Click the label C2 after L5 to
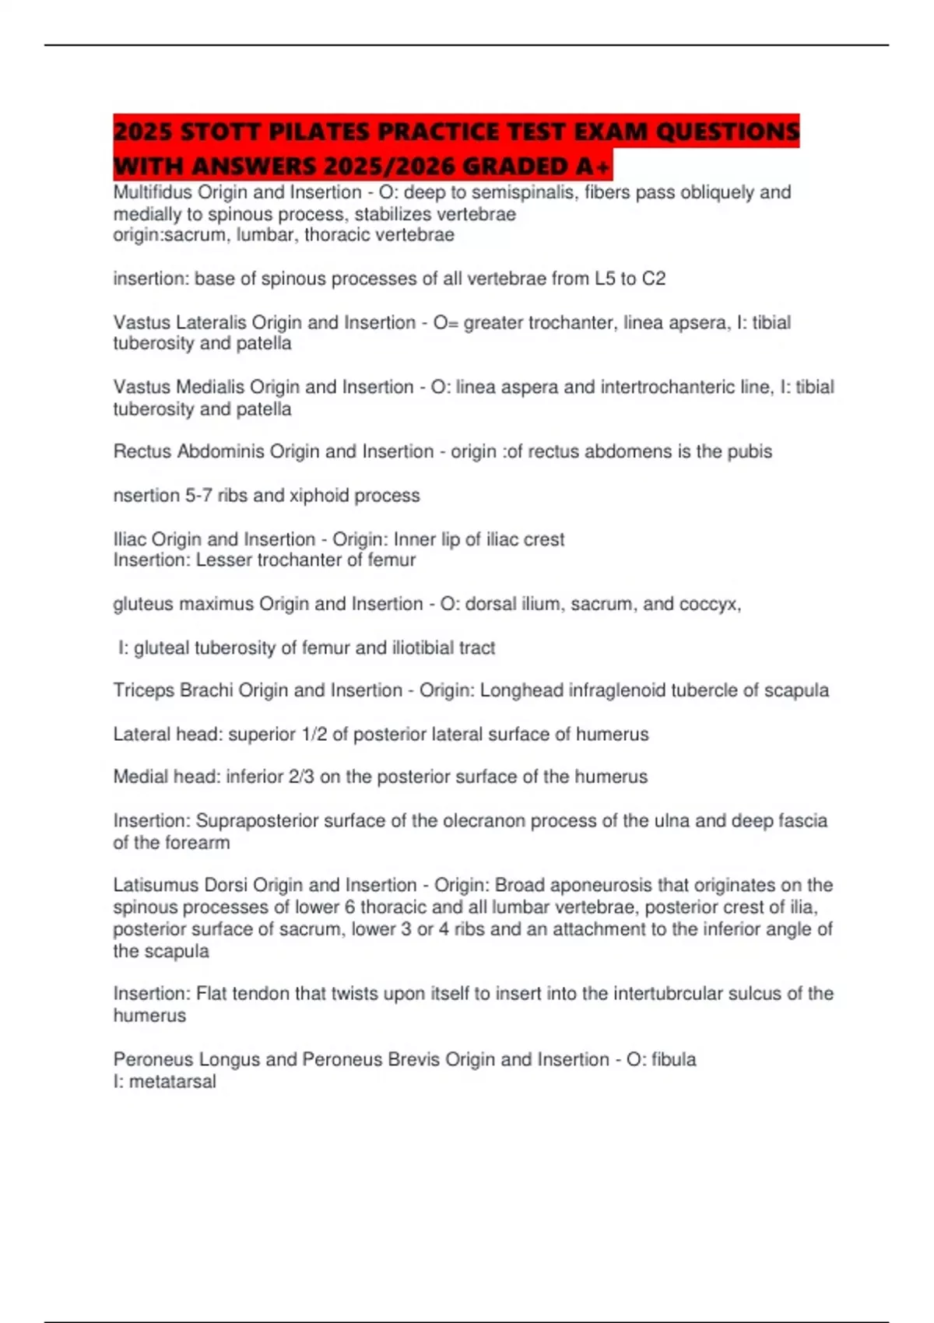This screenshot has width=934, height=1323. (x=654, y=279)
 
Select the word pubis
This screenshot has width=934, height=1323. (x=750, y=451)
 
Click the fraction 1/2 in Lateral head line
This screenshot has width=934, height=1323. (x=314, y=734)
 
